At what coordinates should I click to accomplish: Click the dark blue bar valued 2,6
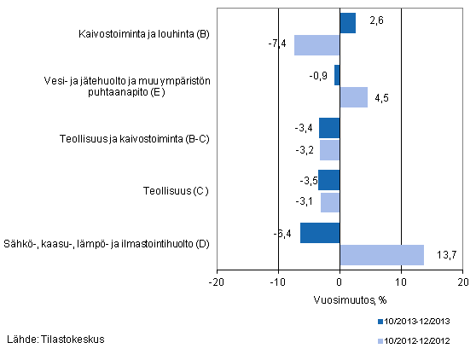pyautogui.click(x=347, y=24)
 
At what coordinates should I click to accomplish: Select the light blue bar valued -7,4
pyautogui.click(x=316, y=45)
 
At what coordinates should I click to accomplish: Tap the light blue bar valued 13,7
pyautogui.click(x=381, y=254)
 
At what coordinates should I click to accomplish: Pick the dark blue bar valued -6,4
pyautogui.click(x=320, y=233)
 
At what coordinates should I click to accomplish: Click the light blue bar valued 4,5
pyautogui.click(x=353, y=97)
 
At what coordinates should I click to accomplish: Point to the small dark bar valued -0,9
pyautogui.click(x=337, y=75)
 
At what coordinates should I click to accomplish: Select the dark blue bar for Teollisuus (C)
pyautogui.click(x=328, y=181)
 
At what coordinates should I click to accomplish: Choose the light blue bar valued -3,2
pyautogui.click(x=329, y=149)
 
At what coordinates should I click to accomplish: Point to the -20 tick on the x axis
pyautogui.click(x=217, y=282)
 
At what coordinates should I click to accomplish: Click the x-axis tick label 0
pyautogui.click(x=340, y=282)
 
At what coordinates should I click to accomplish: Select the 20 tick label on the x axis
pyautogui.click(x=461, y=282)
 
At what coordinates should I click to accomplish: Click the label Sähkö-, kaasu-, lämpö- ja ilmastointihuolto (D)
pyautogui.click(x=107, y=244)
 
